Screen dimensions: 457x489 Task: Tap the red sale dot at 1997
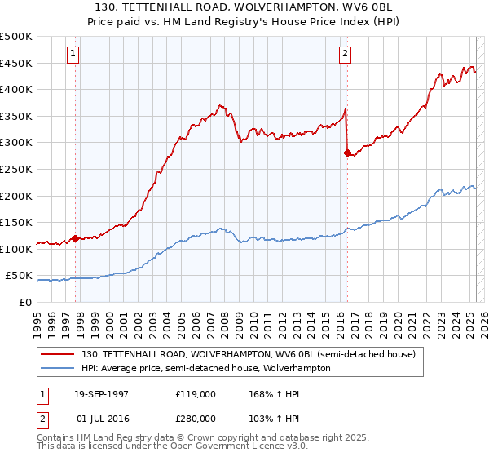click(x=76, y=238)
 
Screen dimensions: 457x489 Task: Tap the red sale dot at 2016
click(x=347, y=153)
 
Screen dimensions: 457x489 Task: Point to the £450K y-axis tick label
click(x=16, y=63)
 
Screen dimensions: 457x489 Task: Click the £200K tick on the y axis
click(x=16, y=196)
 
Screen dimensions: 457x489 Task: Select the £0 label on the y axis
click(x=24, y=302)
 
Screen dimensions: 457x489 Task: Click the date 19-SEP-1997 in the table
click(x=101, y=394)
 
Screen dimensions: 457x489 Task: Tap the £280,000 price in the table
click(x=195, y=417)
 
